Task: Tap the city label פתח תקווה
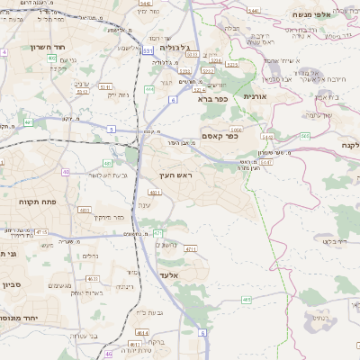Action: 37,202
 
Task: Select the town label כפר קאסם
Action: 219,137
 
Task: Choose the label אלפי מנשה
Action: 332,15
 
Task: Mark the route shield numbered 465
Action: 247,300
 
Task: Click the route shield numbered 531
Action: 147,51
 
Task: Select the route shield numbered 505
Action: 304,136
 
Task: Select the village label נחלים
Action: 91,255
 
